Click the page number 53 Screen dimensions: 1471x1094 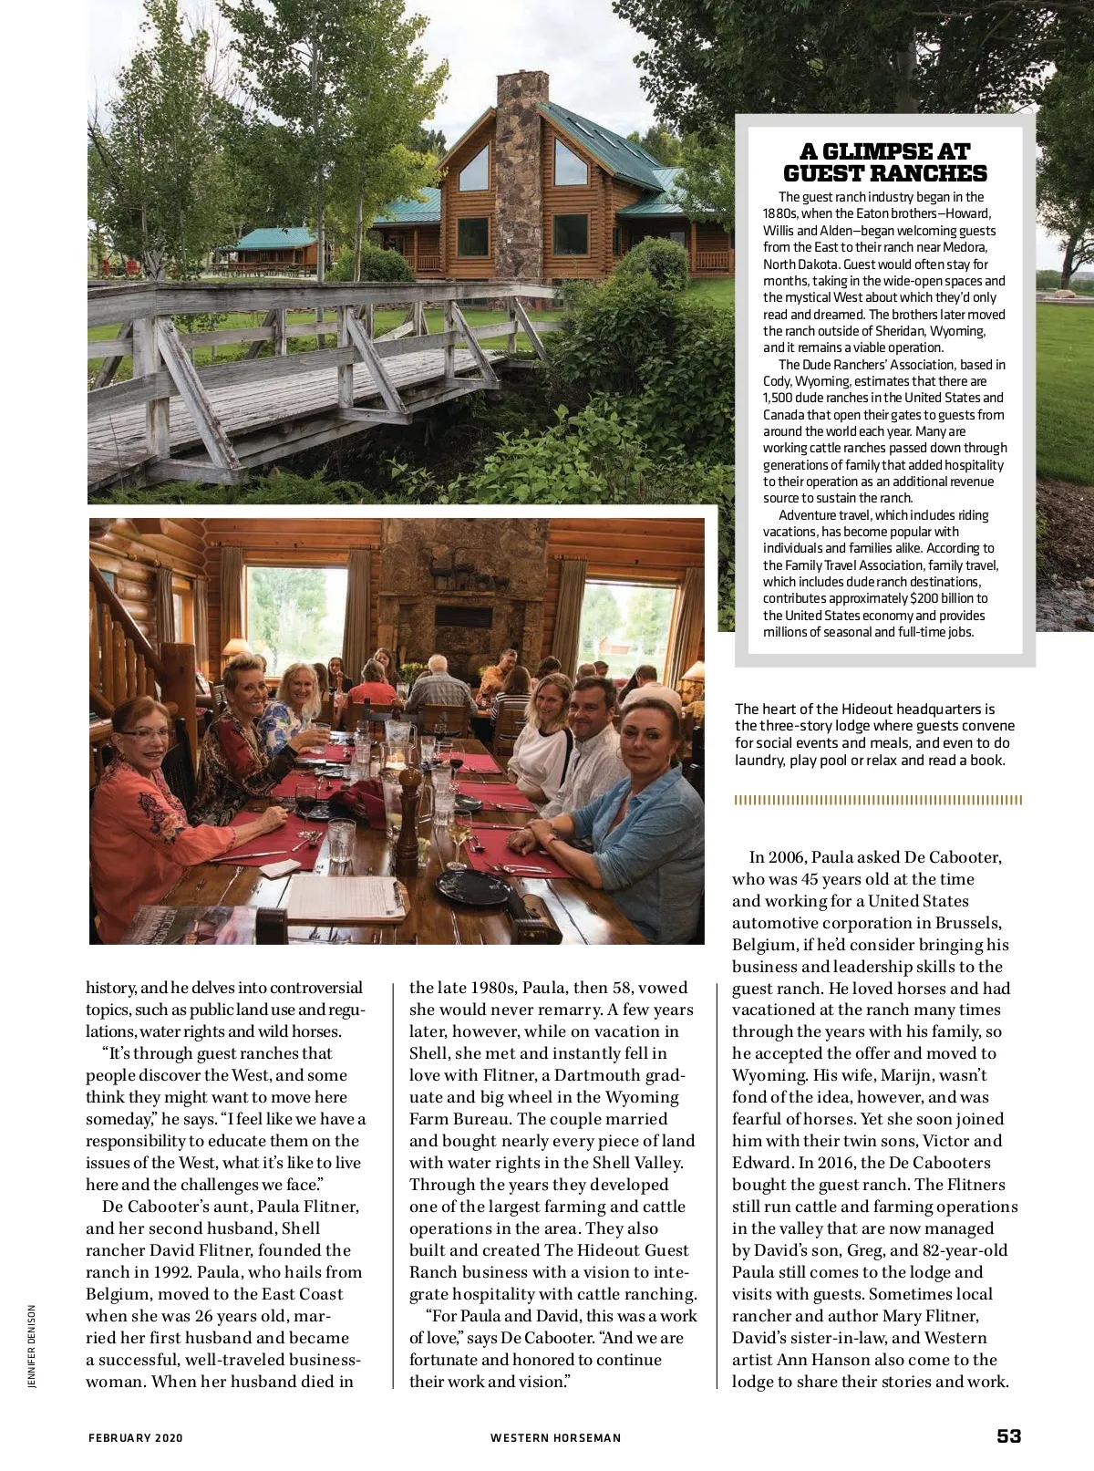click(x=1008, y=1435)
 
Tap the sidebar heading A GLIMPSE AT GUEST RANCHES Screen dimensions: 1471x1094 click(x=884, y=162)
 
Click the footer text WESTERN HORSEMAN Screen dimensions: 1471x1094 click(x=555, y=1438)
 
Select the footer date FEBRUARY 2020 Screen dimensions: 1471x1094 click(x=136, y=1438)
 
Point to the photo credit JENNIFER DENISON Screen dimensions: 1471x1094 click(x=32, y=1346)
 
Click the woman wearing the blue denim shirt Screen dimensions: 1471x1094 click(x=638, y=821)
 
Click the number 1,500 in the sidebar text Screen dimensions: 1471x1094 click(x=779, y=399)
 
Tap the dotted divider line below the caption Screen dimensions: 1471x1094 click(x=878, y=800)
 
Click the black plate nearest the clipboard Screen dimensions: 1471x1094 click(x=473, y=886)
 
